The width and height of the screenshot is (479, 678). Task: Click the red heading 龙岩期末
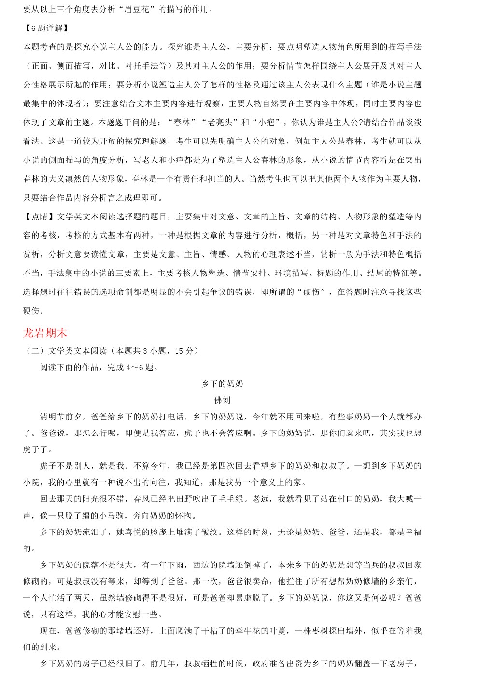45,333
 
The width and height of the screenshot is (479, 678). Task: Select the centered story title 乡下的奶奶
222,384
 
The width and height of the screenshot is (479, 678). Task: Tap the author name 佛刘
222,400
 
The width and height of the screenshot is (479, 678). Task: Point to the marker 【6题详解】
46,28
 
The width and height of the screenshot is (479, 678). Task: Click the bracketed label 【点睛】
40,216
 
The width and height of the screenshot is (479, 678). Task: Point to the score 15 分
186,351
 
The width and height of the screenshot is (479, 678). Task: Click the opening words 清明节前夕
61,417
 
